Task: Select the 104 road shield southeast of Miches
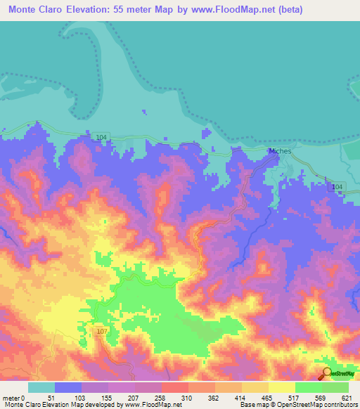(338, 186)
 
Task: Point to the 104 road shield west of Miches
(103, 135)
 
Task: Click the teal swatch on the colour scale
(41, 387)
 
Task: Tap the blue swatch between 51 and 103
(68, 387)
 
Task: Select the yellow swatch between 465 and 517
(281, 387)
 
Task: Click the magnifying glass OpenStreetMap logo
(326, 373)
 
